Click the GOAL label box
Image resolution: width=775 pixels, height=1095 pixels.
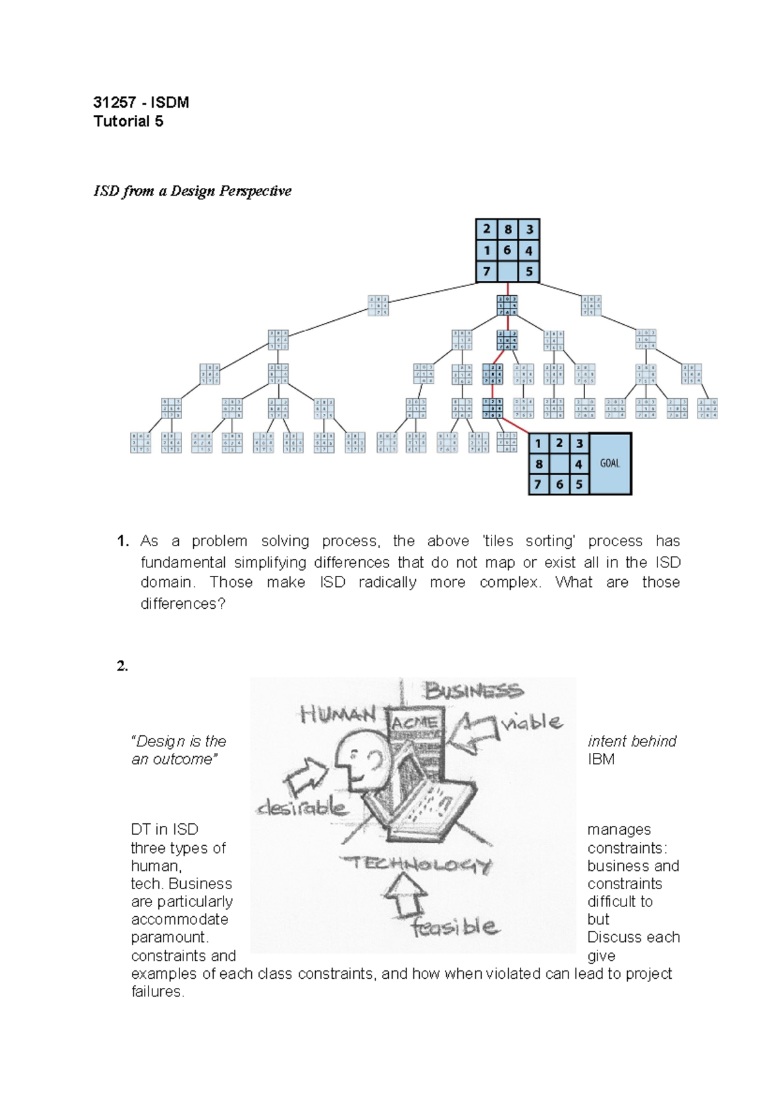[610, 464]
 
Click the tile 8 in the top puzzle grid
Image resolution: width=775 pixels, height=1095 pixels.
[508, 229]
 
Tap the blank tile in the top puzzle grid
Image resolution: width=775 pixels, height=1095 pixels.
[508, 271]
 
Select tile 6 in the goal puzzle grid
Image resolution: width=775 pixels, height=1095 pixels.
[559, 484]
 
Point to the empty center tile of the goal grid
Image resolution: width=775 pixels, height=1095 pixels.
[559, 464]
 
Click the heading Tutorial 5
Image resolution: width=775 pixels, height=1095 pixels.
[128, 121]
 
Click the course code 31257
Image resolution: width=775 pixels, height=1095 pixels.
[114, 103]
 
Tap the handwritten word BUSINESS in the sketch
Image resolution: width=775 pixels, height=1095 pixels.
[473, 691]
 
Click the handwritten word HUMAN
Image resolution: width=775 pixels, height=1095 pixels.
[338, 714]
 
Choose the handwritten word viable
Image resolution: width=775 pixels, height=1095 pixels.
[532, 722]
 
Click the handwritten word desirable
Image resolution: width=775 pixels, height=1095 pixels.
[302, 807]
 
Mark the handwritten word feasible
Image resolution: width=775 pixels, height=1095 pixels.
[455, 928]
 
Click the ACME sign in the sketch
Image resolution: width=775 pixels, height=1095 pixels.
[414, 723]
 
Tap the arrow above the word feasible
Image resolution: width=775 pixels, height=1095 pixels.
[405, 894]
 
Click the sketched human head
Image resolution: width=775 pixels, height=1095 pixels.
[359, 762]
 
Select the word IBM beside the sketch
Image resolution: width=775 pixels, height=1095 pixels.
[601, 759]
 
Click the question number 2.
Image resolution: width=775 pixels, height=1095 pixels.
[122, 666]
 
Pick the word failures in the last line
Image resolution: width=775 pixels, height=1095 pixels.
[158, 992]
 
